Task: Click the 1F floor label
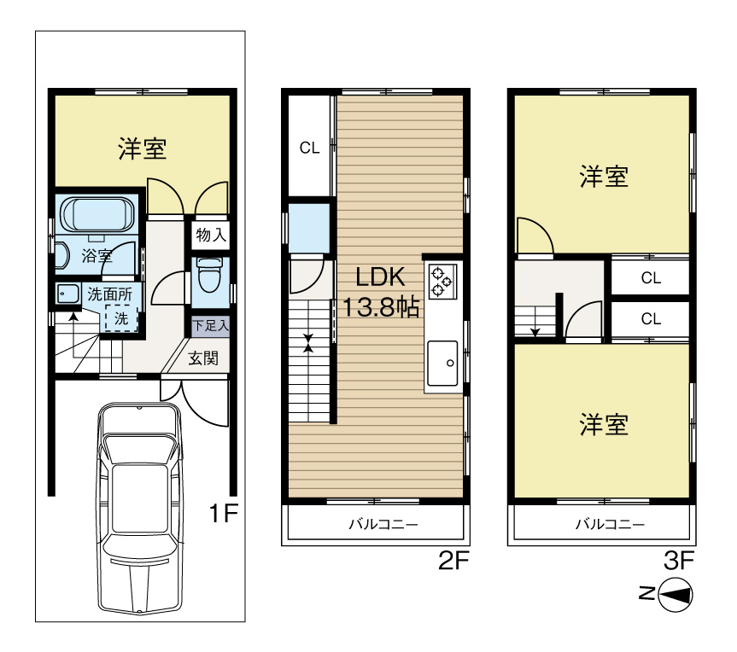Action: coord(224,513)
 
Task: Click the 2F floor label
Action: coord(453,560)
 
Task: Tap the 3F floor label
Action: coord(679,560)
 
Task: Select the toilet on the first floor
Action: coord(209,275)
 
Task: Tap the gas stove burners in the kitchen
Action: coord(442,281)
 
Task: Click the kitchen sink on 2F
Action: coord(442,363)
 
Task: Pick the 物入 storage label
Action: coord(211,235)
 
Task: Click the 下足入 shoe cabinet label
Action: coord(210,325)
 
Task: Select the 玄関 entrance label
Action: coord(203,358)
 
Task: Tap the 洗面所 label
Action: coord(110,294)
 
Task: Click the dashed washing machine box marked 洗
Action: coord(121,318)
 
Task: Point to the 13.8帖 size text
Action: coord(381,308)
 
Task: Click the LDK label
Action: coord(380,277)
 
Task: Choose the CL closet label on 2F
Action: coord(310,148)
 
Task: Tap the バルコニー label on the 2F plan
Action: coord(383,524)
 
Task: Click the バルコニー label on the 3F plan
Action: coord(610,524)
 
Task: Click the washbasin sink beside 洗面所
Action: coord(68,295)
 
